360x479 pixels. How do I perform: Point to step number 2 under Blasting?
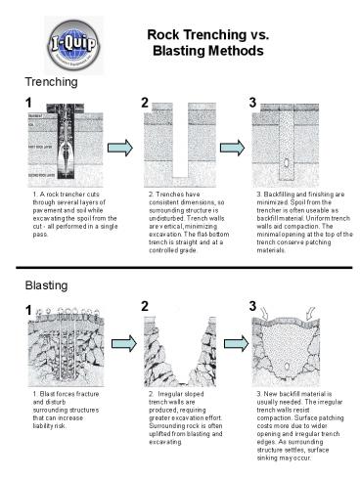tap(145, 307)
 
